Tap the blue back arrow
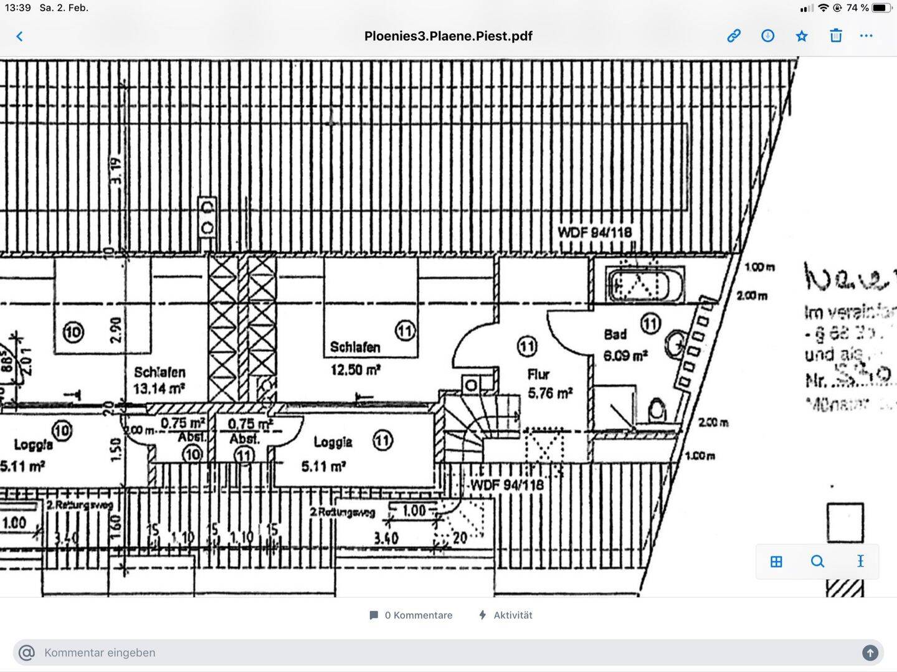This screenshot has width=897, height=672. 19,36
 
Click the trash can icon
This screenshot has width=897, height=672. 836,35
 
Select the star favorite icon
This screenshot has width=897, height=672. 802,36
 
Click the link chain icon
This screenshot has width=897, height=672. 734,35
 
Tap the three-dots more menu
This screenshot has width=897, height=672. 866,35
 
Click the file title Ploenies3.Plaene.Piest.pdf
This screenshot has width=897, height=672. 448,36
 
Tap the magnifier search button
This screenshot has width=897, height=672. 817,562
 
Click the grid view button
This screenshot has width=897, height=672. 776,562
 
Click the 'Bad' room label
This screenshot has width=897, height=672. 615,334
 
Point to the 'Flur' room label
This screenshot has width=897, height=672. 538,374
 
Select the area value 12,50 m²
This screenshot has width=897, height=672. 356,370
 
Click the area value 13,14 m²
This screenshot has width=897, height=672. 159,389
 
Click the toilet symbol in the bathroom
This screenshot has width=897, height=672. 657,410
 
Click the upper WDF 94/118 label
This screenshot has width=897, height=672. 594,232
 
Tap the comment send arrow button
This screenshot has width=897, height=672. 870,653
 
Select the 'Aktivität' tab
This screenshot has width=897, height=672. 505,615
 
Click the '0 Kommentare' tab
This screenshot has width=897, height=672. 411,615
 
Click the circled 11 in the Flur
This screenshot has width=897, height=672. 527,346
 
